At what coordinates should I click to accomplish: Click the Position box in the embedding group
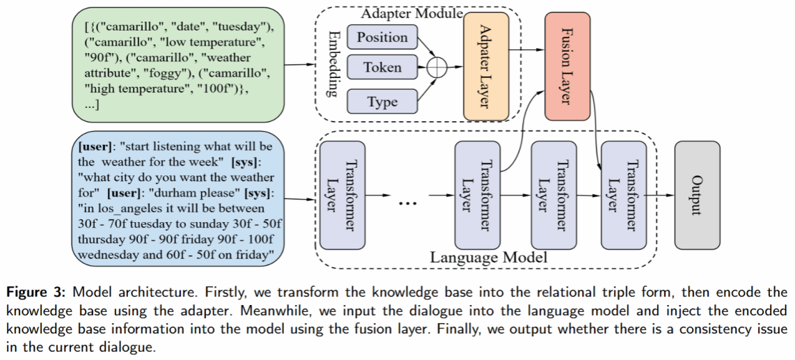(382, 37)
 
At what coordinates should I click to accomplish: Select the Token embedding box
(382, 68)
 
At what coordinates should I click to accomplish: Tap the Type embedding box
(382, 102)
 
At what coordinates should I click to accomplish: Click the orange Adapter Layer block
(486, 66)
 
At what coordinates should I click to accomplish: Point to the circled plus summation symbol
(436, 68)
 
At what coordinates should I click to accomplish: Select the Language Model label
(488, 258)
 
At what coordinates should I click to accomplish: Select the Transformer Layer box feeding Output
(623, 194)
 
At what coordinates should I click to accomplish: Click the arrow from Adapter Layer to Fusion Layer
(527, 49)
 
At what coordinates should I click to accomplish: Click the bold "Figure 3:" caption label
(37, 292)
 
